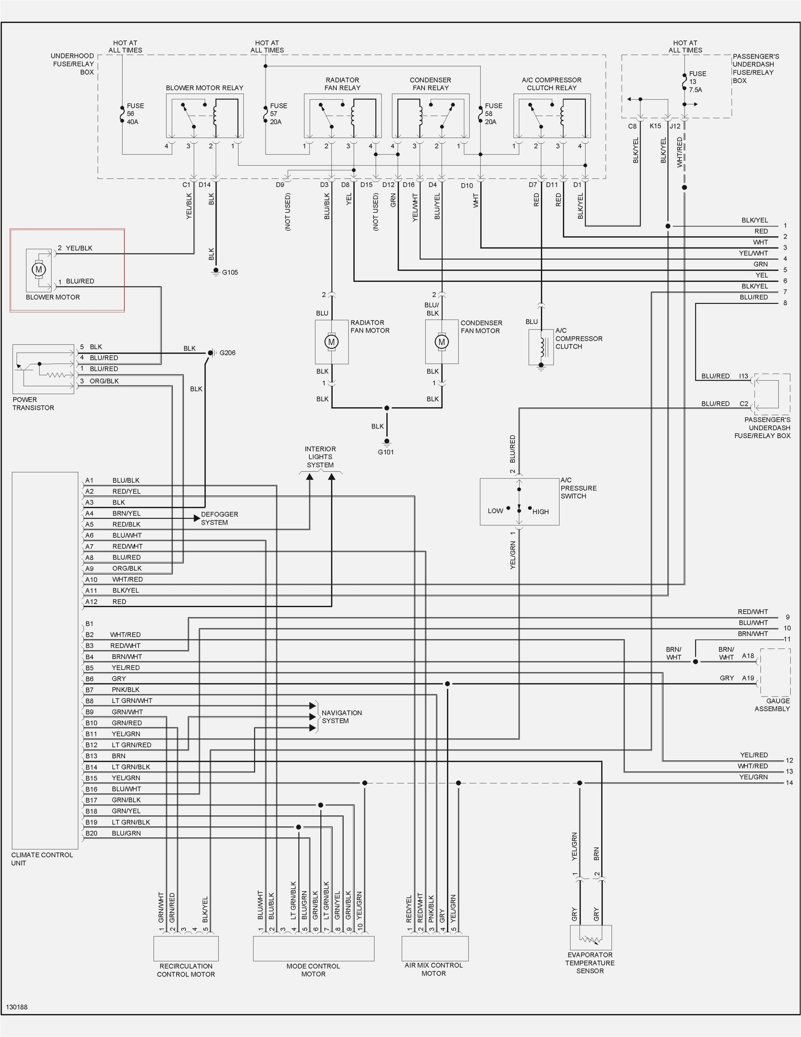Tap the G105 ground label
point(230,272)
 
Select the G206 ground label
point(227,353)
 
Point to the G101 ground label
point(385,452)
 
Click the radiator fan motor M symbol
point(331,341)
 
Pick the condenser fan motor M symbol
point(441,341)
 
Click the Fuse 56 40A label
point(134,113)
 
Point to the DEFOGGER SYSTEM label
point(219,518)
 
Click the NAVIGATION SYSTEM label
point(341,717)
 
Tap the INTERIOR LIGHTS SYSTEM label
point(320,457)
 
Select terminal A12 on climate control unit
point(91,602)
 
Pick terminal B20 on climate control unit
point(91,833)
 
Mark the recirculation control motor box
point(186,948)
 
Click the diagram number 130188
point(17,1007)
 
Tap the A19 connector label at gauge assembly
point(748,678)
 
